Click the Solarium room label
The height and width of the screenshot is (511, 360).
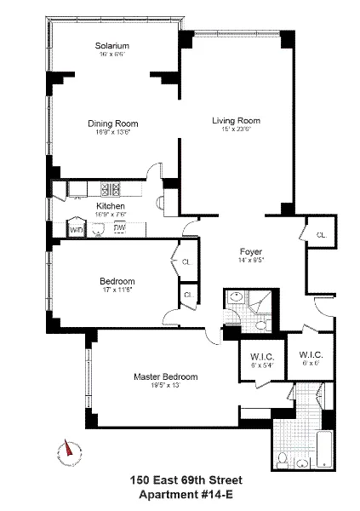[112, 45]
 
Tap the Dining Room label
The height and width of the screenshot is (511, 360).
[112, 123]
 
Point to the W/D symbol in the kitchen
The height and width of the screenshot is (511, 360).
[76, 229]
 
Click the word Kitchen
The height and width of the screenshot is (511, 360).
[111, 206]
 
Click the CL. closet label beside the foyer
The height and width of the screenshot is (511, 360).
[321, 234]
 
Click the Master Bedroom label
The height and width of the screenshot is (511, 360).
[165, 376]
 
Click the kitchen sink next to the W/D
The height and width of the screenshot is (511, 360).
[96, 228]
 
